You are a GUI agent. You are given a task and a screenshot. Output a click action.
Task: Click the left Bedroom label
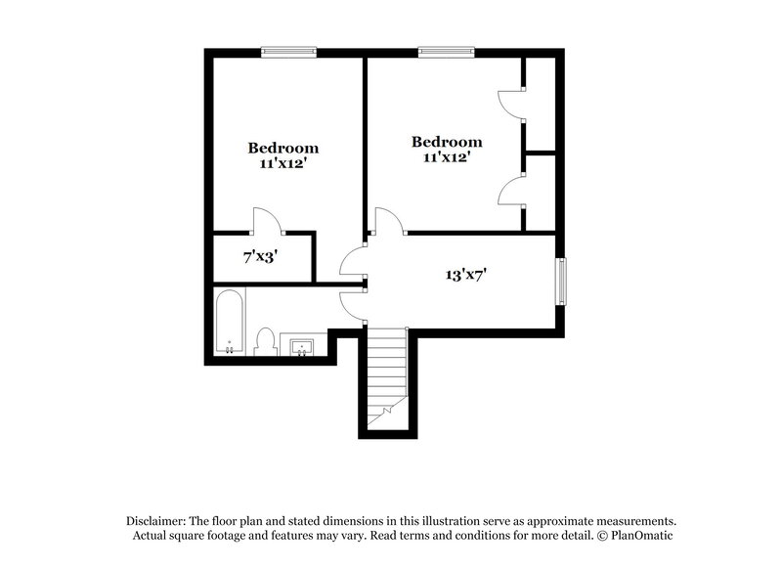(282, 149)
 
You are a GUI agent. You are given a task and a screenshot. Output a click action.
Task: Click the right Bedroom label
(447, 142)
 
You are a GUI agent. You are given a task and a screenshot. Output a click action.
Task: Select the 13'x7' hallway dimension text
(467, 275)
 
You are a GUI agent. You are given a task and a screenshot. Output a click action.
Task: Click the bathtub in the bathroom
(229, 324)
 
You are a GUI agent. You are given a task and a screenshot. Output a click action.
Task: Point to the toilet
(264, 341)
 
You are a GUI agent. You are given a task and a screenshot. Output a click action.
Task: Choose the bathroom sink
(300, 346)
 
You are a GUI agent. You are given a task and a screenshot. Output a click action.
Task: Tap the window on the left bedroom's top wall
(289, 52)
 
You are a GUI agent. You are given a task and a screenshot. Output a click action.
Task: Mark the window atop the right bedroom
(449, 52)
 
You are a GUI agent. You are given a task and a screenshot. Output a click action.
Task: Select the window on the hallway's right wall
(561, 283)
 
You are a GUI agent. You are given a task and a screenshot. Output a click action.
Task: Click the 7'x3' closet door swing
(266, 221)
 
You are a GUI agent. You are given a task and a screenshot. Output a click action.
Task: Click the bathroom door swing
(352, 305)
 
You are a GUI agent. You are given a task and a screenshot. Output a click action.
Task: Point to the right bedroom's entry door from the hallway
(389, 220)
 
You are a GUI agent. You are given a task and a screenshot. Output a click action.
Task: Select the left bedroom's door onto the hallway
(353, 261)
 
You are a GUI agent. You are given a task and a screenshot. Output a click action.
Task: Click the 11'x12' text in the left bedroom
(282, 163)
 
